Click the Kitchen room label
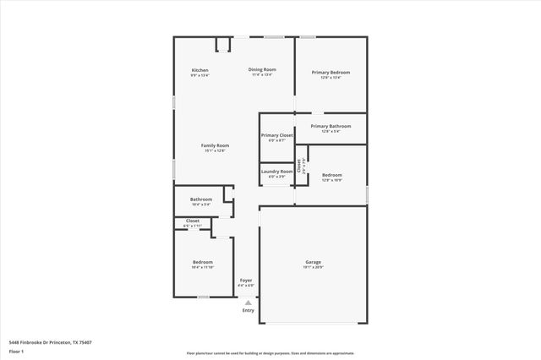tap(199, 70)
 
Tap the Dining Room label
tap(262, 69)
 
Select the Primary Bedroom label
tap(330, 73)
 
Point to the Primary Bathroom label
tap(330, 126)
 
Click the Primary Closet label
tap(276, 135)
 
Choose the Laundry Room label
tap(276, 172)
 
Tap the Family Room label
tap(215, 145)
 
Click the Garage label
tap(313, 262)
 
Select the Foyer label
tap(246, 280)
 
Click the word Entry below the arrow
tap(248, 310)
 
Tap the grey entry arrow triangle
tap(248, 301)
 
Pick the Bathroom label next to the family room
tap(201, 199)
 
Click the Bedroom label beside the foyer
tap(202, 262)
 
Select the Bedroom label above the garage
tap(331, 175)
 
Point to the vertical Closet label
tap(298, 166)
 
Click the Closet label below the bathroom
tap(193, 221)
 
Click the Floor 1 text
tap(16, 350)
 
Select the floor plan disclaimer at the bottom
tap(270, 353)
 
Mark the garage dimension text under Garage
tap(313, 267)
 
